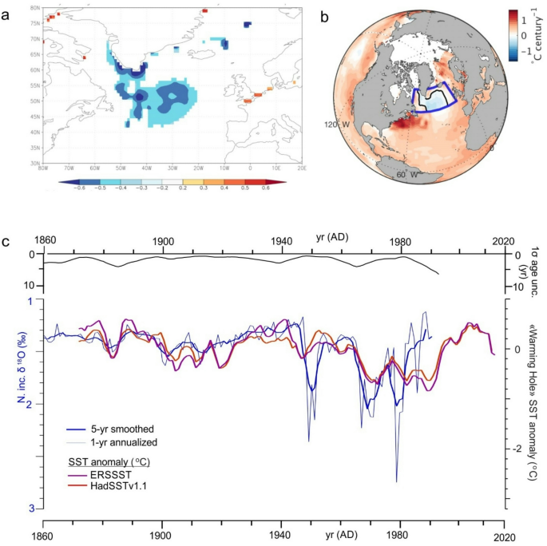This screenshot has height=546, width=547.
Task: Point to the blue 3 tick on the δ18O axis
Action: coord(30,508)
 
